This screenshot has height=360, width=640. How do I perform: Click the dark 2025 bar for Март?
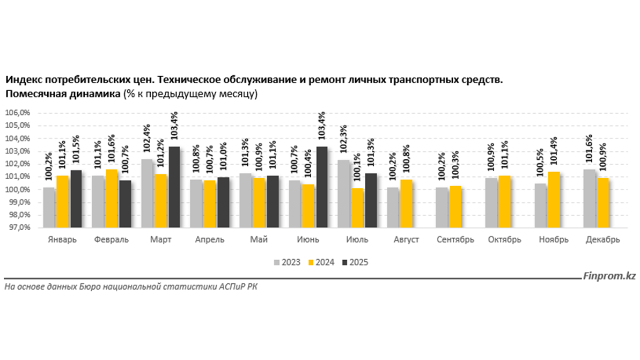(x=175, y=187)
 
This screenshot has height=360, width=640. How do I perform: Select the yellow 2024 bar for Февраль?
(x=112, y=199)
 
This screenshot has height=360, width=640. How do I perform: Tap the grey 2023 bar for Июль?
(x=344, y=194)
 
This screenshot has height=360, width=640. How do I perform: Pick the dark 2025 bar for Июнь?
(x=322, y=187)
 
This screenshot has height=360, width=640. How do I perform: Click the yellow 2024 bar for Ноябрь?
(x=554, y=200)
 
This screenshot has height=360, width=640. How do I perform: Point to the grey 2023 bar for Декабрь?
(x=590, y=199)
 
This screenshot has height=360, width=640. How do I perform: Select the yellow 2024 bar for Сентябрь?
(x=455, y=207)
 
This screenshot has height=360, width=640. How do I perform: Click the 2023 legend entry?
(x=287, y=262)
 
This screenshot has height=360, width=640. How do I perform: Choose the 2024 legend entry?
(x=321, y=262)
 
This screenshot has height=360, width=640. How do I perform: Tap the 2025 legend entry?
(x=355, y=262)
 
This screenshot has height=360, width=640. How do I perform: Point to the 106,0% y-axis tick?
(x=18, y=113)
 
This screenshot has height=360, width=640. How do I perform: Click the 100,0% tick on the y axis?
(x=18, y=189)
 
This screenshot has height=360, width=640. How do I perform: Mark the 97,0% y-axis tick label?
(x=18, y=227)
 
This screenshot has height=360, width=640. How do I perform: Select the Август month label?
(x=406, y=240)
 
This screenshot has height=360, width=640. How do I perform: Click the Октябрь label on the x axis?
(x=504, y=240)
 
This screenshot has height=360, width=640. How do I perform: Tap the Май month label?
(x=259, y=240)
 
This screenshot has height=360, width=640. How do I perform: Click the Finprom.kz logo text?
(x=609, y=276)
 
